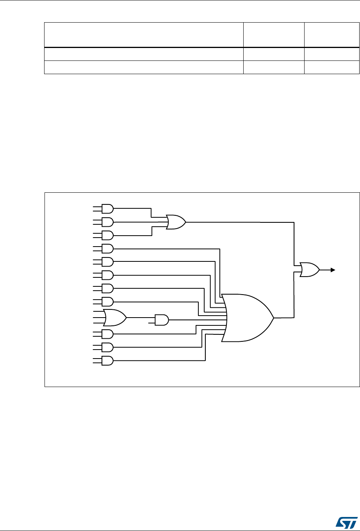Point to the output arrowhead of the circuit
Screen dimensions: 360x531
[x=333, y=270]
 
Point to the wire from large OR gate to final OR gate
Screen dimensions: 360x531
[x=294, y=297]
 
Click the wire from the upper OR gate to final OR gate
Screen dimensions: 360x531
[x=242, y=222]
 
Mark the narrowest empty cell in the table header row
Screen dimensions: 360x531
[x=331, y=35]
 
